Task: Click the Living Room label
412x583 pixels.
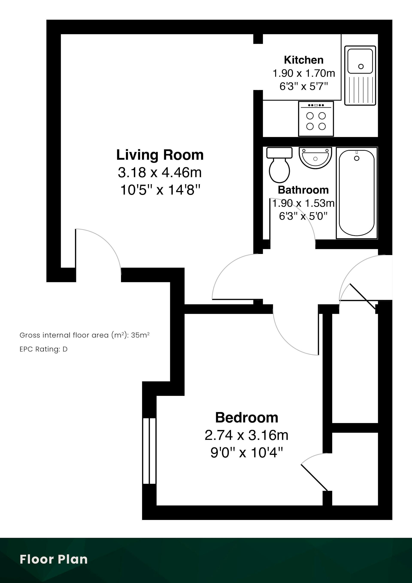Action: (x=160, y=155)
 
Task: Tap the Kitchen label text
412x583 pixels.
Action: (x=304, y=60)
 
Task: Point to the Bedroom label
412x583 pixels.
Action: (x=247, y=418)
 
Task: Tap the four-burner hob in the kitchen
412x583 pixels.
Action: (x=316, y=119)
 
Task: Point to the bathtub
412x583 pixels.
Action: (x=356, y=193)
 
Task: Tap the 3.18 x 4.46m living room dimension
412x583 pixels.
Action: (x=160, y=172)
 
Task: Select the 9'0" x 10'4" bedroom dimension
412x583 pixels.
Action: (x=247, y=452)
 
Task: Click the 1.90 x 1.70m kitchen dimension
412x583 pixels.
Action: (x=304, y=73)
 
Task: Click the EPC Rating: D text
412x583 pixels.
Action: (x=43, y=349)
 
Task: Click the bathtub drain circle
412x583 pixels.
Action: (x=357, y=158)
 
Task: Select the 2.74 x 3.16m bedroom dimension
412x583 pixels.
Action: (x=247, y=435)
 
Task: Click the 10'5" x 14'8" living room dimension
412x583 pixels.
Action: (x=160, y=190)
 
